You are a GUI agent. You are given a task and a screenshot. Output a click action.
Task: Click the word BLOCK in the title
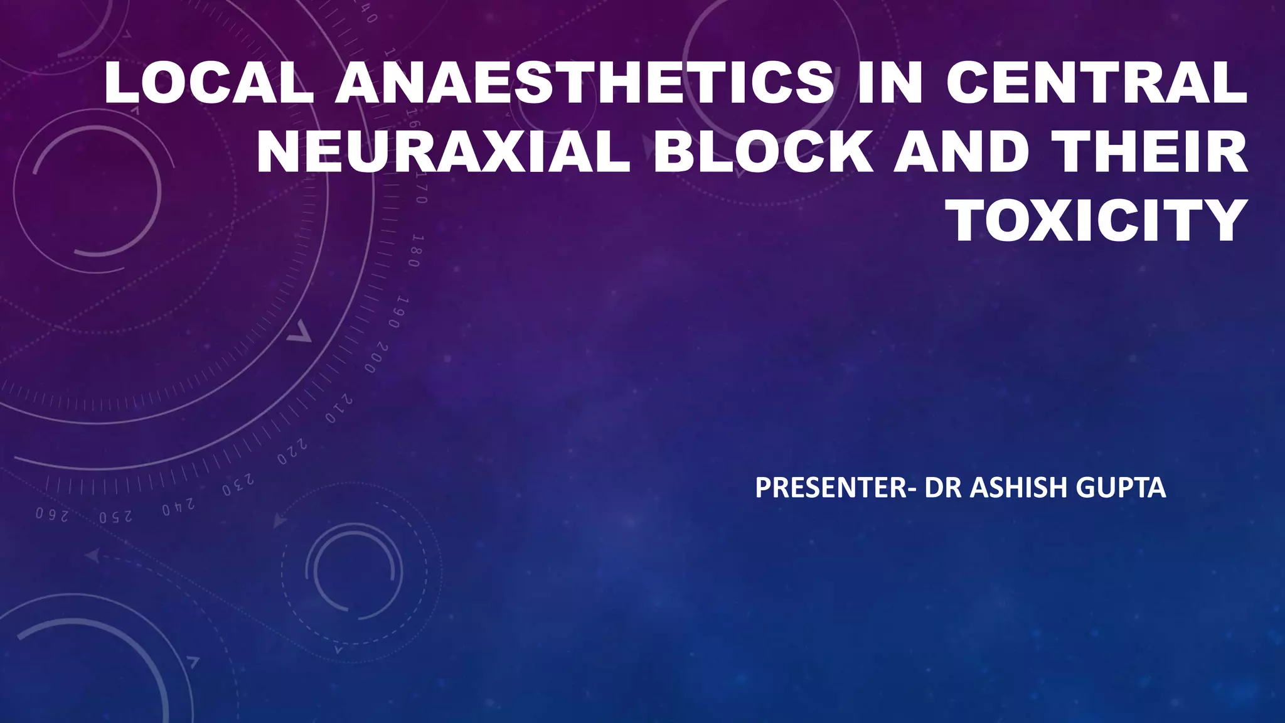(x=763, y=153)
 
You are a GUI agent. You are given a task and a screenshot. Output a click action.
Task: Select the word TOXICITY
(x=1099, y=221)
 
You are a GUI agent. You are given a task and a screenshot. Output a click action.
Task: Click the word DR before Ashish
(x=943, y=488)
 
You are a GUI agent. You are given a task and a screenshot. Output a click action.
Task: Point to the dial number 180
(x=413, y=251)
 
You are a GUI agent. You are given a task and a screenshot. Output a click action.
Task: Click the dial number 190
(x=397, y=313)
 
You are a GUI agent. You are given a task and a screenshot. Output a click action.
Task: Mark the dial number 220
(x=292, y=452)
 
